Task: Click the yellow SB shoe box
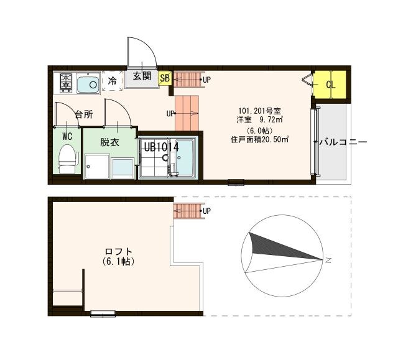tap(165, 78)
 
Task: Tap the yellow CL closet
tap(330, 85)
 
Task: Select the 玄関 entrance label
tap(142, 76)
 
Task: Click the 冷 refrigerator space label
tap(112, 81)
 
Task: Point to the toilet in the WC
tap(66, 159)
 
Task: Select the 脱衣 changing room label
tap(109, 142)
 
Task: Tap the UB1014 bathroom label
tap(161, 147)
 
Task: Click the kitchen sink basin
tap(90, 83)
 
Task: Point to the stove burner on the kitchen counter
tap(66, 82)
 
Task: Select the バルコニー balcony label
tap(343, 142)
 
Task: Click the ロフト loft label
tap(118, 251)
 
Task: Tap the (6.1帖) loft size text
tap(118, 262)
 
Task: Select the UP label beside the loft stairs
tap(206, 211)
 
